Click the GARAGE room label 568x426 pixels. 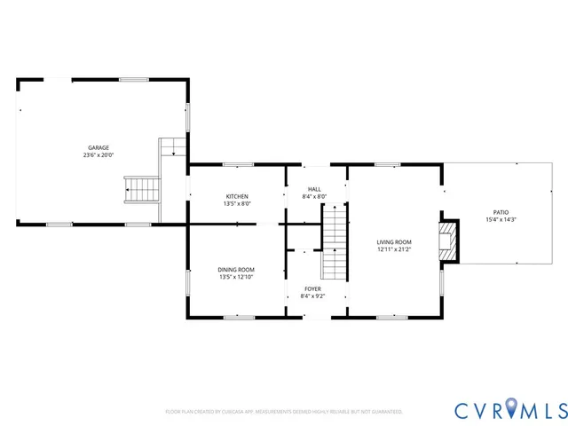pos(98,147)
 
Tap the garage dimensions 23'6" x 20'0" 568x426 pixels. pos(98,154)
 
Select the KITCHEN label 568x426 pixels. pos(237,196)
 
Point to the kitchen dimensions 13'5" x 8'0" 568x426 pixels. pos(237,203)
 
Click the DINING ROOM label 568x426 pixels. pos(236,270)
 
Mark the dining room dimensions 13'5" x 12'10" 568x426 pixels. pos(236,277)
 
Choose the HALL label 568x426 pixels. pos(314,189)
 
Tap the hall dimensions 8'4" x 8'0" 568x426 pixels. pos(314,196)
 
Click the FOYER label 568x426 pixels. pos(313,288)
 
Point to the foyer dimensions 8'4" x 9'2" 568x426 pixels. pos(313,296)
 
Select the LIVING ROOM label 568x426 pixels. pos(394,242)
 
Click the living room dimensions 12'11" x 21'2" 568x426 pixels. pos(394,249)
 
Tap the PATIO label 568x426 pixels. pos(501,212)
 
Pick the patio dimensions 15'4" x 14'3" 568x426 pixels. pos(501,219)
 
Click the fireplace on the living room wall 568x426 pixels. pos(450,241)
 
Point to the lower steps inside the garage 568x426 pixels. pos(141,188)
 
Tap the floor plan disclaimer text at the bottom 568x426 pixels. pos(284,412)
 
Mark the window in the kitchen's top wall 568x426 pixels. pos(237,164)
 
